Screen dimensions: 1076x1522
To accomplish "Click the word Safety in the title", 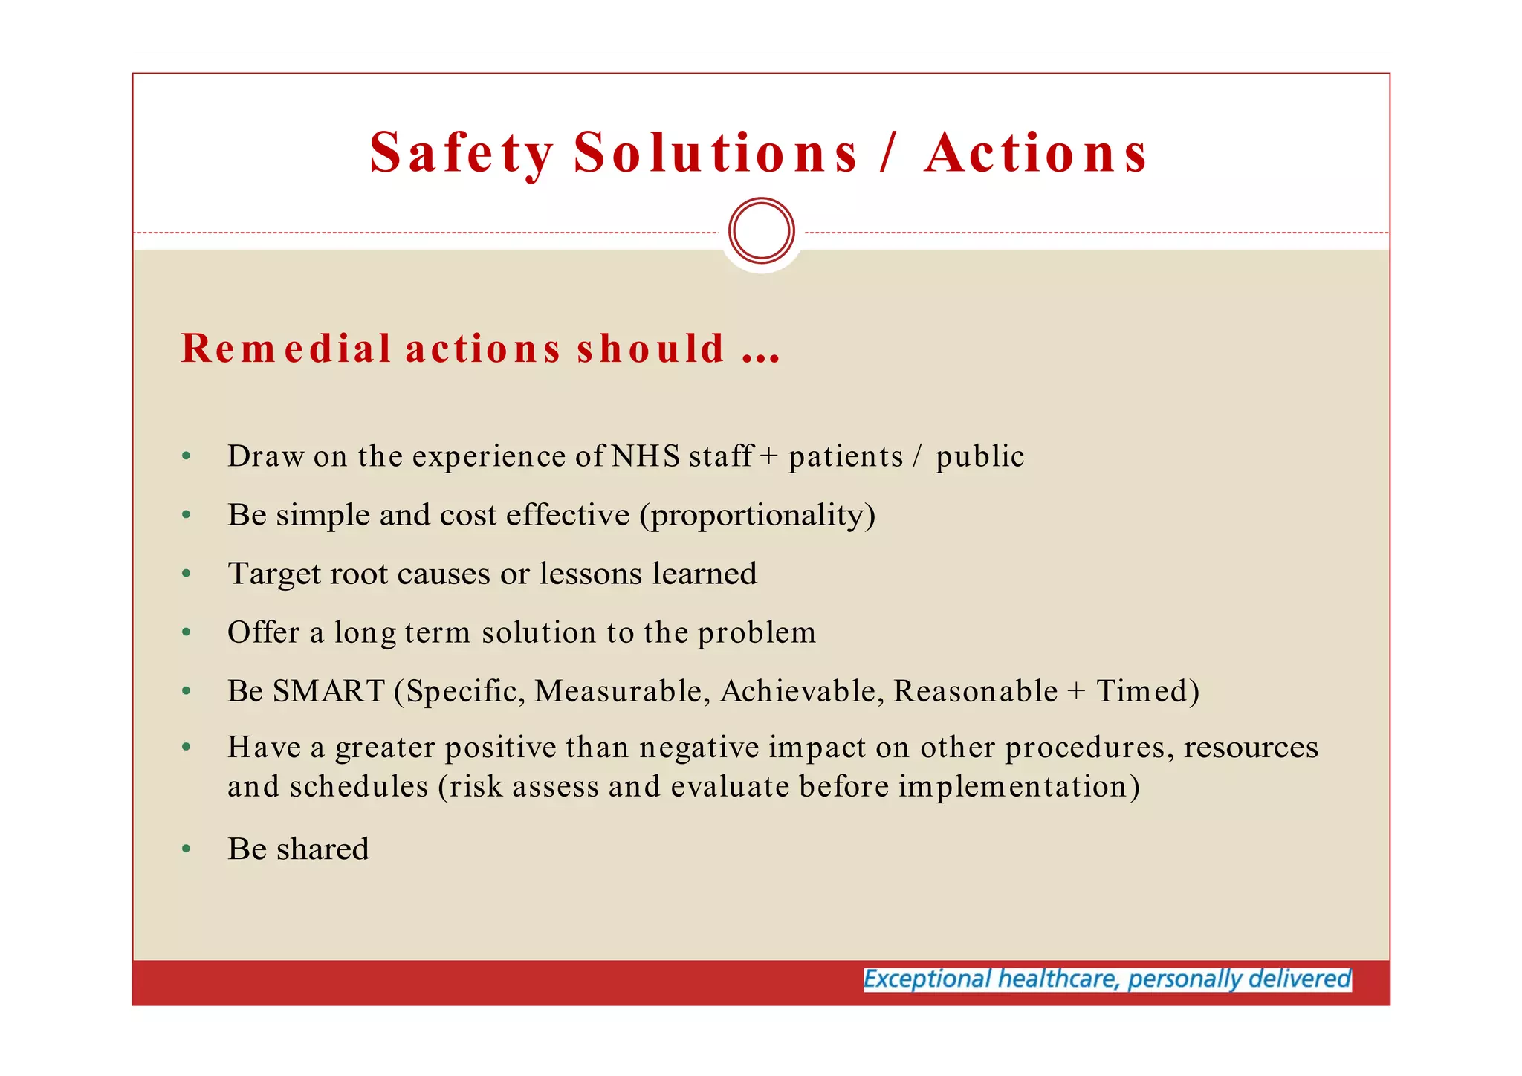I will coord(462,153).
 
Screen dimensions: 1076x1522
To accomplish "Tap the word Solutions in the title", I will coord(716,153).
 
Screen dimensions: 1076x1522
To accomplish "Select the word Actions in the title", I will coord(1036,153).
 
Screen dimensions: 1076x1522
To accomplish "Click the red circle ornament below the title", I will coord(762,230).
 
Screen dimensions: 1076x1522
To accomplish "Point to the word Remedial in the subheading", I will coord(286,348).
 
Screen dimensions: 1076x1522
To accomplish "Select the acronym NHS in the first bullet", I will coord(645,456).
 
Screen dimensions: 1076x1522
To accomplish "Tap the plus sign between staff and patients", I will coord(769,456).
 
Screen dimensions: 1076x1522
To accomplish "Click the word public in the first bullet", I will coord(979,456).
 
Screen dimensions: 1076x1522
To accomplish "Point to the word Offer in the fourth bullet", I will coord(263,632).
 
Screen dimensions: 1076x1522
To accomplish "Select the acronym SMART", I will coord(328,691).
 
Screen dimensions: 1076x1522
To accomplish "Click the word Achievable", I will coord(802,691).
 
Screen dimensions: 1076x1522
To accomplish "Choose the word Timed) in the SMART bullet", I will coord(1147,691).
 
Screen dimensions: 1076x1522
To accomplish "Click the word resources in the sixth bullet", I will coord(1251,747).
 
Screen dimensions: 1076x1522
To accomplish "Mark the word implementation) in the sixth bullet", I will coord(1019,786).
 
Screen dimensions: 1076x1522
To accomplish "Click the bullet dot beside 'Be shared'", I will coord(187,849).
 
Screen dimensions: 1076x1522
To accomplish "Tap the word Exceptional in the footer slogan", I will coord(927,979).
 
